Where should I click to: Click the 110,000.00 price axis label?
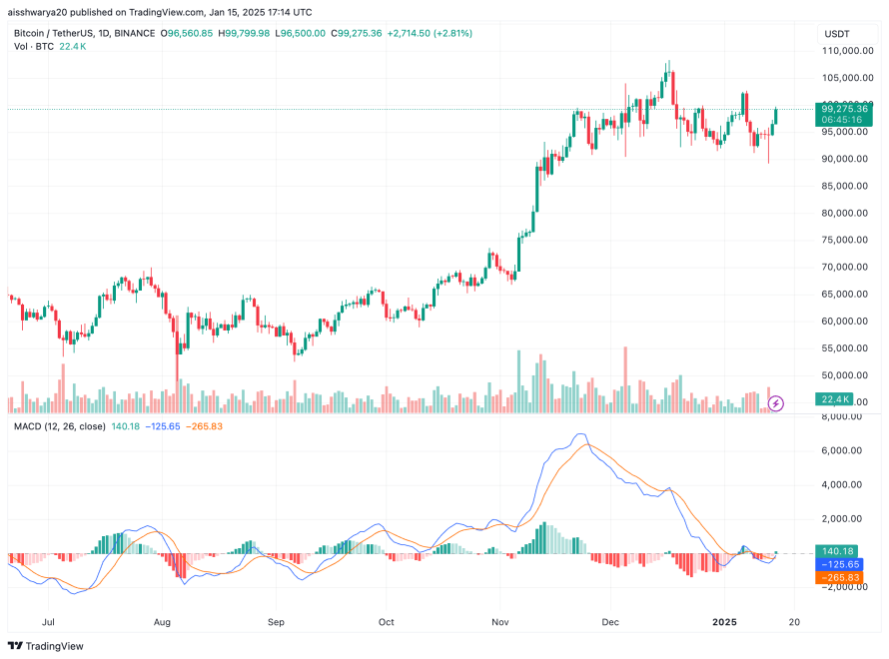point(846,50)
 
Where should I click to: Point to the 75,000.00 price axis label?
point(846,240)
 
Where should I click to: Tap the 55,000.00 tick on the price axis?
point(846,347)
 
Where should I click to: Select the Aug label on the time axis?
point(163,620)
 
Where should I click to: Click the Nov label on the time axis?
point(501,620)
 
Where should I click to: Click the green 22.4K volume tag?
point(835,399)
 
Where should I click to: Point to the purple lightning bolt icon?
point(776,403)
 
